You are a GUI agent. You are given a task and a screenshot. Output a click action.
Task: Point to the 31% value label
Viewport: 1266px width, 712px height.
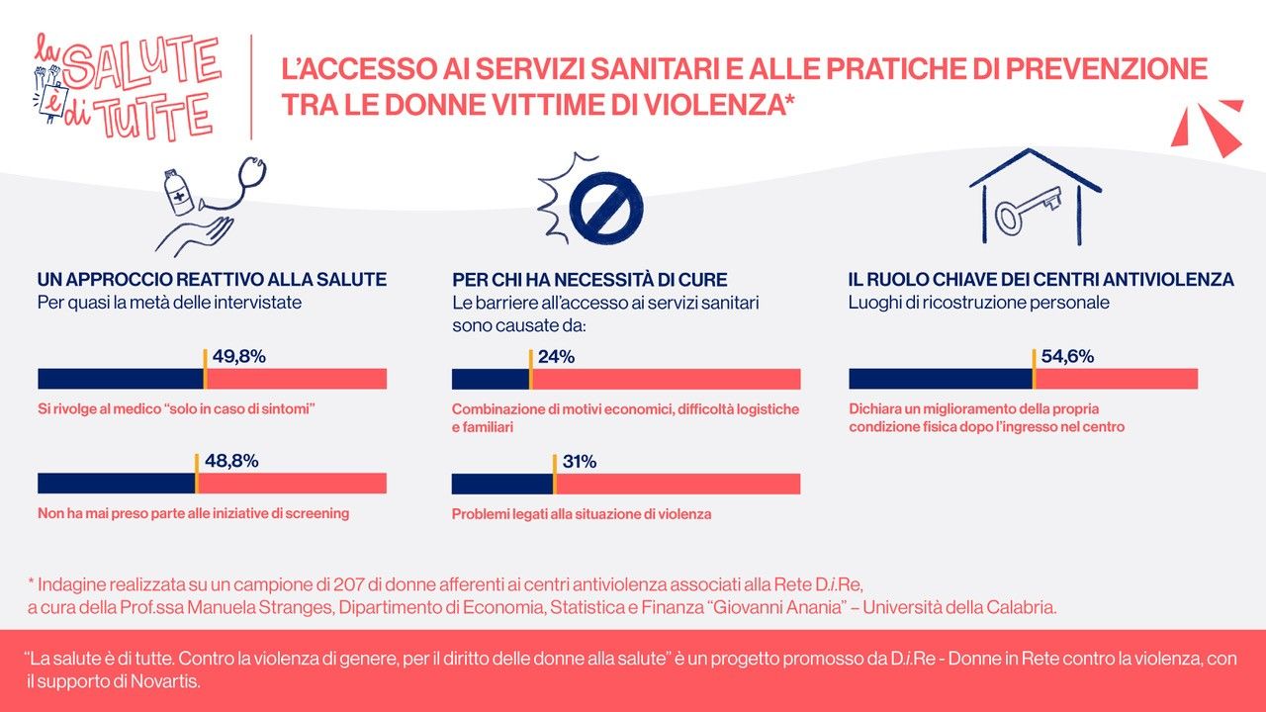pos(579,462)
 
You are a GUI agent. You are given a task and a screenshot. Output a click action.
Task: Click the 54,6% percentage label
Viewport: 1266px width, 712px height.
pos(1067,357)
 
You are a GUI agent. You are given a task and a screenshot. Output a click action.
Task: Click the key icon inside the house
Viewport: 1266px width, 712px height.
pos(1028,208)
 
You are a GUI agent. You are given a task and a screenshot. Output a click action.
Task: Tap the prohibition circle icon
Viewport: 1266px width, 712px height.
pos(606,208)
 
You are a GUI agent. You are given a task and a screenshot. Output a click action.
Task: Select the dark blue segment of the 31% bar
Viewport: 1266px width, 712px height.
pos(501,484)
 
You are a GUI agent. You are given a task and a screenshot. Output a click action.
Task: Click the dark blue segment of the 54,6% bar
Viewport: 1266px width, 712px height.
pos(940,379)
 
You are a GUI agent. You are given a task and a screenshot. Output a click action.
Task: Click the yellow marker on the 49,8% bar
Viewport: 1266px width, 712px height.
pos(205,370)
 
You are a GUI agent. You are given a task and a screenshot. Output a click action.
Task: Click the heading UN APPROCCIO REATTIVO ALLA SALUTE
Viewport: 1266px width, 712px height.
pos(212,280)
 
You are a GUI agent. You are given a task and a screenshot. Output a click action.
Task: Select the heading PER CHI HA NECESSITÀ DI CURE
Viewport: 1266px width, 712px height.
pos(589,280)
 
